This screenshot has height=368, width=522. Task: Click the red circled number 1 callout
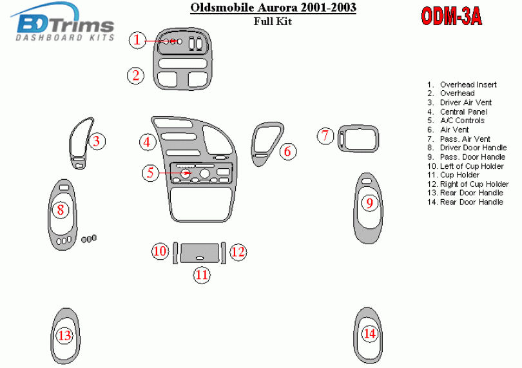tap(137, 41)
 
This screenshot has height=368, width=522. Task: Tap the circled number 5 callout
tap(150, 173)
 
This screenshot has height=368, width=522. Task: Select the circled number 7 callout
tap(325, 135)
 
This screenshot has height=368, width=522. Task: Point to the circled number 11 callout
tap(202, 275)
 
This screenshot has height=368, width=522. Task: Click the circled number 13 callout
tap(64, 335)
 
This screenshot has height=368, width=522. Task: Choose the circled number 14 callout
tap(370, 333)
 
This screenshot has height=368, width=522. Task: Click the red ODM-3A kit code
tap(451, 16)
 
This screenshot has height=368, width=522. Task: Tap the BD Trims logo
tap(63, 22)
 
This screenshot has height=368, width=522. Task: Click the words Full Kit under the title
tap(273, 21)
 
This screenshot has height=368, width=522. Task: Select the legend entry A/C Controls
tap(462, 121)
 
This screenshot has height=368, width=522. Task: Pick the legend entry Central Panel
tap(464, 112)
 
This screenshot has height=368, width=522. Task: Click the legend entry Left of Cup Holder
tap(472, 166)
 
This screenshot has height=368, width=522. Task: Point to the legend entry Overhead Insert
tap(468, 84)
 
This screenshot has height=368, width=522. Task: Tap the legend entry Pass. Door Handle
tap(473, 157)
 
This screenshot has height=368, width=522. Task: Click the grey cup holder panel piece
tap(200, 253)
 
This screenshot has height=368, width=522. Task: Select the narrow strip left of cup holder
tap(175, 253)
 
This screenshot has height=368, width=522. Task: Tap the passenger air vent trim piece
tap(358, 138)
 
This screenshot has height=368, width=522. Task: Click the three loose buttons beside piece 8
tap(89, 239)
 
